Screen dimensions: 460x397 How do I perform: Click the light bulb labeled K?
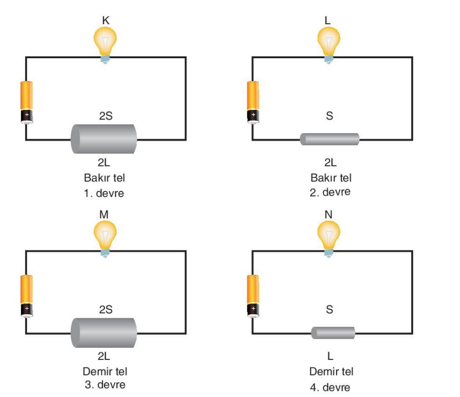pos(105,45)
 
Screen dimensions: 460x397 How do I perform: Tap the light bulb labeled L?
pos(328,45)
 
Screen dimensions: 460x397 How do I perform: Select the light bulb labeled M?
pos(105,239)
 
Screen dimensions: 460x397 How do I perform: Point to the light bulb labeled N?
pos(328,239)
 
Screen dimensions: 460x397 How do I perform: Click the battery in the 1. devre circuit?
pos(26,102)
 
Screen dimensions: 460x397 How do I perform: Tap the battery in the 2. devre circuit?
pos(253,102)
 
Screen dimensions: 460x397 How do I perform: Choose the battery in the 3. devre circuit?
pos(26,296)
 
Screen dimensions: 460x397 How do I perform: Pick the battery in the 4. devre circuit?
pos(253,296)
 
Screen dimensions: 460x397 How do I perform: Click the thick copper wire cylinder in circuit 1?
pos(104,139)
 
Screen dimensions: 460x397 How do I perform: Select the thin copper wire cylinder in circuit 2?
pos(329,139)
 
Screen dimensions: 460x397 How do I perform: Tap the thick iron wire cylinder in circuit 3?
pos(104,333)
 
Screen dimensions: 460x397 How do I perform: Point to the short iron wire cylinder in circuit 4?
pos(333,333)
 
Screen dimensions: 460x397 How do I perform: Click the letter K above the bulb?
pos(106,21)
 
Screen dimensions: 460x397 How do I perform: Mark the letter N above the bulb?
pos(328,215)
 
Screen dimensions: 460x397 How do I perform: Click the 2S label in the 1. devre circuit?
pos(106,116)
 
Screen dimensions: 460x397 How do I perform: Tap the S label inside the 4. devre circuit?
pos(329,309)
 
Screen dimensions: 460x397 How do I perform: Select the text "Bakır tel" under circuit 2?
pos(331,178)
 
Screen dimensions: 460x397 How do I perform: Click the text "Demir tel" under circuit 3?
pos(105,371)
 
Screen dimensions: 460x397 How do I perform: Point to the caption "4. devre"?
pos(330,388)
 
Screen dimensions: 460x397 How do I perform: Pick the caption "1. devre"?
pos(104,193)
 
